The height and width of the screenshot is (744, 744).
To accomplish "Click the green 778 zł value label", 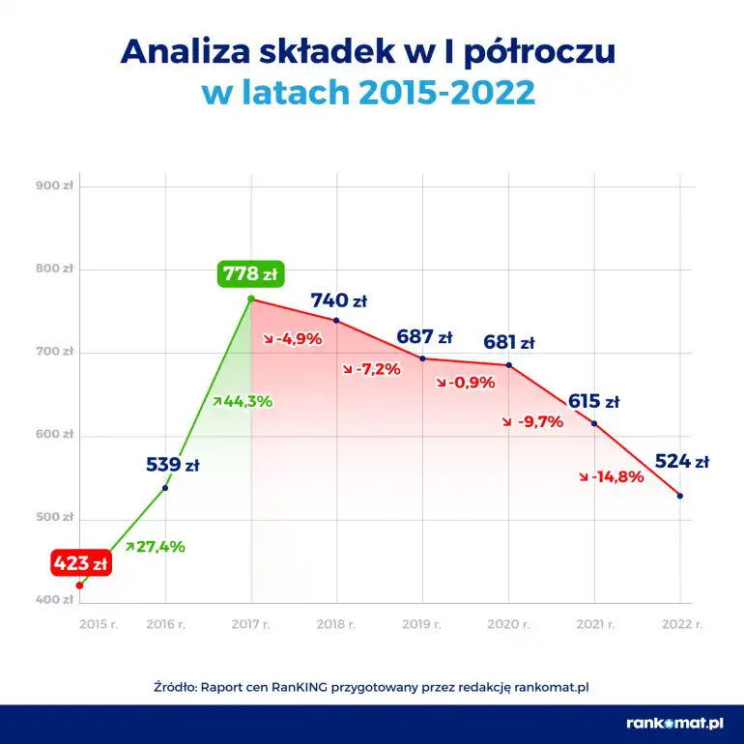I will [249, 273].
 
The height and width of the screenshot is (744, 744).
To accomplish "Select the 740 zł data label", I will [338, 300].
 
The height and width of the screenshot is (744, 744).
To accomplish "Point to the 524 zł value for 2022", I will [681, 461].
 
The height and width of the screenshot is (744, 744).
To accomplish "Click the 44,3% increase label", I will [243, 400].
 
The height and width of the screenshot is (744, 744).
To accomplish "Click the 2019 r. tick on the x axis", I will [421, 624].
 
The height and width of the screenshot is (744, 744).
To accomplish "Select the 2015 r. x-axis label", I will [98, 624].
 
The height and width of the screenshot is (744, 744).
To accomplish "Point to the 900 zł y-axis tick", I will [54, 186].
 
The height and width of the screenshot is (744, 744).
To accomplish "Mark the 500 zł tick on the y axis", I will [54, 518].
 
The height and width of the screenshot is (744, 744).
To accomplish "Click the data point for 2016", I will [165, 487].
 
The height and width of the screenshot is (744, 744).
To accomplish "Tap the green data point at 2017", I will [250, 300].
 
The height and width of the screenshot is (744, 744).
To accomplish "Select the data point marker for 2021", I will [594, 423].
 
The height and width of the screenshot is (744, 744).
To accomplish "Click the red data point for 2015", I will [80, 585].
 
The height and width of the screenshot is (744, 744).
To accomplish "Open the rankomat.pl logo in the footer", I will [674, 722].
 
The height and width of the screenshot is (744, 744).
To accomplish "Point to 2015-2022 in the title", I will [446, 93].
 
